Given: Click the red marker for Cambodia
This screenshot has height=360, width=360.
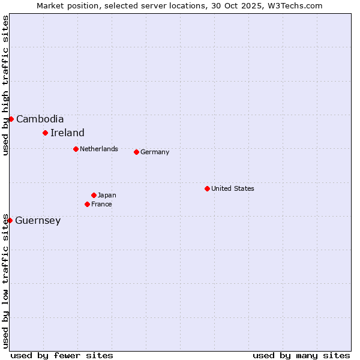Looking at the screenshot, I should [11, 119].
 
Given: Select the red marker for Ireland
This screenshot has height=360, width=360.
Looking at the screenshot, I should [45, 133].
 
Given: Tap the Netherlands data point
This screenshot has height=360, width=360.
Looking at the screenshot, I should [76, 149].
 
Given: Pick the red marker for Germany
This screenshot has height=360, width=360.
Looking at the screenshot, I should [136, 152].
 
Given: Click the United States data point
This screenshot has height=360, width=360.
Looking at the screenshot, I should [207, 188].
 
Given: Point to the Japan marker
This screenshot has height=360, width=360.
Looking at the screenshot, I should [94, 195].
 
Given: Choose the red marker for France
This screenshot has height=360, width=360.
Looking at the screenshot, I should [87, 204].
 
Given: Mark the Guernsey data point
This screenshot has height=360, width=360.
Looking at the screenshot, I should [10, 220].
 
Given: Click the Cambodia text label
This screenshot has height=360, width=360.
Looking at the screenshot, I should [40, 119].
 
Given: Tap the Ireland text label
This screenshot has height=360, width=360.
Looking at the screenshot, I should [67, 133].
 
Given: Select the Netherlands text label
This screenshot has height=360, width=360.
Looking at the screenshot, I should [99, 149].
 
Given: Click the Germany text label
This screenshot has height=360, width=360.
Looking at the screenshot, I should [155, 152].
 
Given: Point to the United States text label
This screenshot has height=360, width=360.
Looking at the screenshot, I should [233, 188].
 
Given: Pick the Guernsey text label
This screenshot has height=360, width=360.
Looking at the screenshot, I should [38, 220].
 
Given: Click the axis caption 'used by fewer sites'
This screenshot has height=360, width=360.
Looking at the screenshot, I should [62, 355].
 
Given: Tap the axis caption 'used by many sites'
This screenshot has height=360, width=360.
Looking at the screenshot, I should [301, 355].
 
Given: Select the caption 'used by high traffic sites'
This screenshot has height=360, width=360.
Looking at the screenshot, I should [5, 85].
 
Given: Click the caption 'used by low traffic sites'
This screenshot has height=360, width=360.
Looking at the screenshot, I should [5, 280].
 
